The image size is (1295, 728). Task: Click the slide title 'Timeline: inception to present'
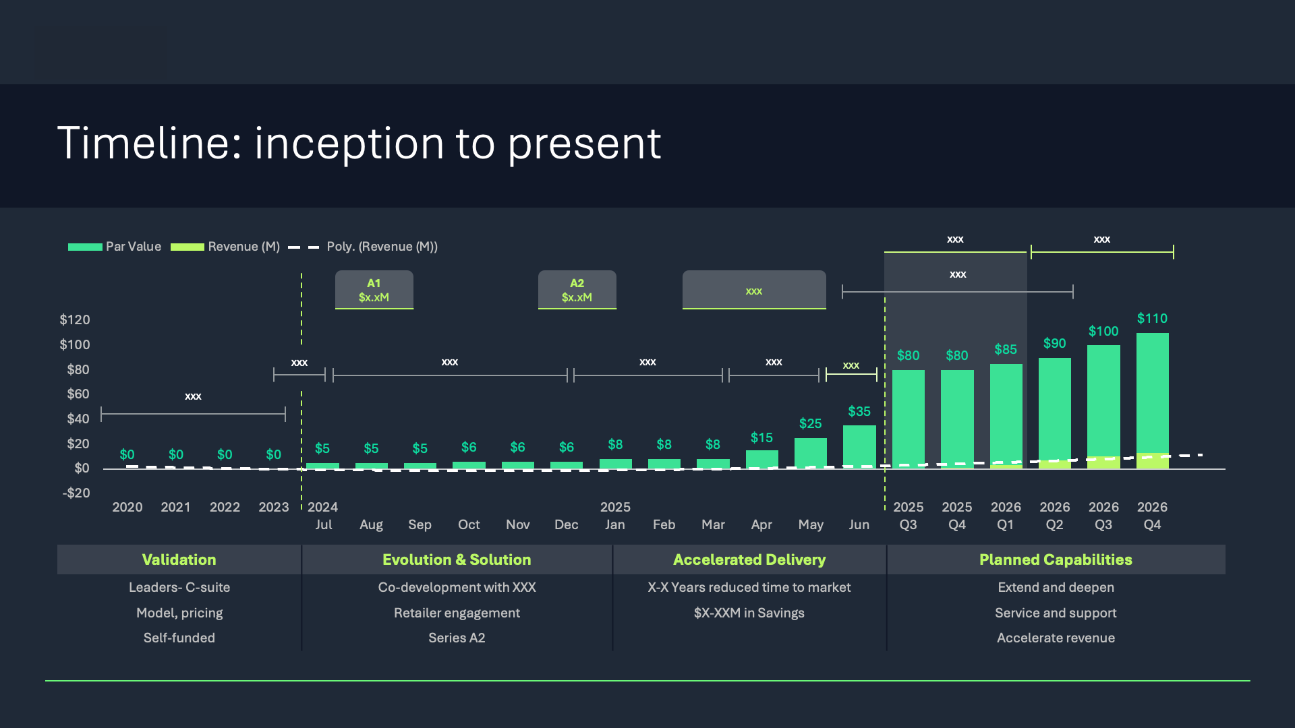pos(359,144)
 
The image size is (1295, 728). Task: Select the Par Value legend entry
pos(115,247)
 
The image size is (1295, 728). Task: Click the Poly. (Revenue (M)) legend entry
pos(363,247)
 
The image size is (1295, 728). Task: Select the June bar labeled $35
pos(859,446)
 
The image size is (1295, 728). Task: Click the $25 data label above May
pos(810,423)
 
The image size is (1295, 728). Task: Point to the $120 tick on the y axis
pos(75,320)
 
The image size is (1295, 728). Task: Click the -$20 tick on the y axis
pos(76,493)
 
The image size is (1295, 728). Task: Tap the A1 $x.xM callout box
pos(374,290)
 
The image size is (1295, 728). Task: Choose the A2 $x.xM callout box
pos(577,290)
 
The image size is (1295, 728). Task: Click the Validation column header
pos(179,559)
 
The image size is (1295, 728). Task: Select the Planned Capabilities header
pos(1056,559)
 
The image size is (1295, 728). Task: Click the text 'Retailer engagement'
pos(457,613)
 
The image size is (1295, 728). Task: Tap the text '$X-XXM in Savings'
pos(749,613)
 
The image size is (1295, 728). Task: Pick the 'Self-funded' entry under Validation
pos(179,638)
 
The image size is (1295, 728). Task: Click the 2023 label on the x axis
pos(273,507)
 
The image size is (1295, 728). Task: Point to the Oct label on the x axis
pos(469,524)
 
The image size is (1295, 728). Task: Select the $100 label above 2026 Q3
pos(1103,331)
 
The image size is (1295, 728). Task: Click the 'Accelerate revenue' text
pos(1056,638)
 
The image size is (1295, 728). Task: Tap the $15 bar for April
pos(761,459)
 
